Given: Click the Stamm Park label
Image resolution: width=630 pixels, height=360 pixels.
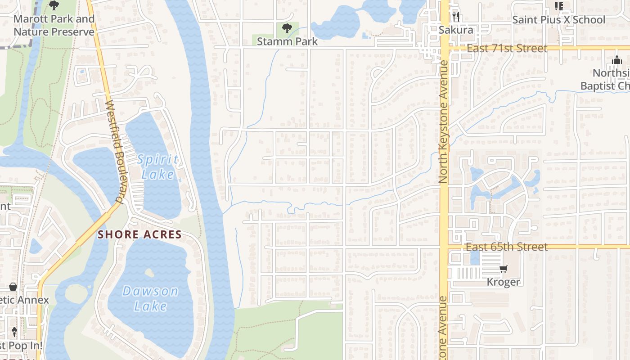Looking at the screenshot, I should pos(287,41).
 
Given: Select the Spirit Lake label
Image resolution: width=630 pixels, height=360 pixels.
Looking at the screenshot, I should pos(157,167).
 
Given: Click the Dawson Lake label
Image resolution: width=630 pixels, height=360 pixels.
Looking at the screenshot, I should pos(150,298).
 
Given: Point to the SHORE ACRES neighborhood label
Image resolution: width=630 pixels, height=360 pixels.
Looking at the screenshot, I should pos(139,234).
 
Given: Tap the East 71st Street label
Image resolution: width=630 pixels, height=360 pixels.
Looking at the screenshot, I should pos(507,48).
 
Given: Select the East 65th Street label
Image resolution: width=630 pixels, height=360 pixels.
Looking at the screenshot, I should pos(507,247).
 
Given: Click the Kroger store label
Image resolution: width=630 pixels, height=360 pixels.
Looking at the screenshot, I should pos(504,282).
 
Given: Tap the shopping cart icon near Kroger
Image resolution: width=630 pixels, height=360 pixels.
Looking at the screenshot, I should pos(504,269).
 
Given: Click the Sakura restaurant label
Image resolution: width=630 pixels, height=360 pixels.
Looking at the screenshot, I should pos(456,30).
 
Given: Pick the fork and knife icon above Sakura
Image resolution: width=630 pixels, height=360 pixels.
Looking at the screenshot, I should pos(456,17).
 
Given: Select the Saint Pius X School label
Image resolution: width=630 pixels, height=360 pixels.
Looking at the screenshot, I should pos(559,20).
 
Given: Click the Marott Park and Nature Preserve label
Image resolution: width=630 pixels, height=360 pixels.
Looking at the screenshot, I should pos(54,25).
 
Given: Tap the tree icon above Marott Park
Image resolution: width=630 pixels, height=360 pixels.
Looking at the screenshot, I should pos(54,6).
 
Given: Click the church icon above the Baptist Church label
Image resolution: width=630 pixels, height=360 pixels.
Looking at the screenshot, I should pos(616,60).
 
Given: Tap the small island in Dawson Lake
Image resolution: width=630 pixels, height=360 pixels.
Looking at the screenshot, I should pos(149,273).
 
